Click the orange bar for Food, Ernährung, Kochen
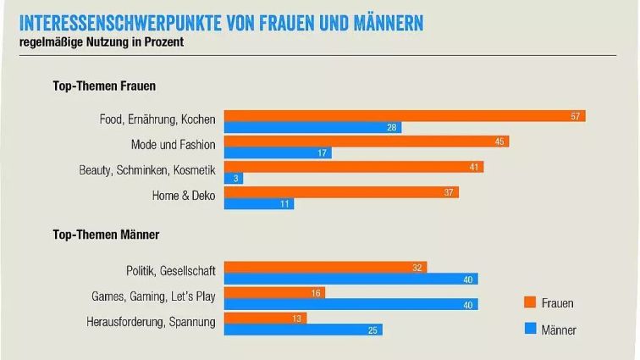(405, 116)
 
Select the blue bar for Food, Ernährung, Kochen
(312, 128)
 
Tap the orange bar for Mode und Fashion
(366, 142)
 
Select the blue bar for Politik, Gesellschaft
(350, 279)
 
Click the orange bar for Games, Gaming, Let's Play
(274, 293)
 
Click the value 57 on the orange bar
(575, 116)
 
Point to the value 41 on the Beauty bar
(474, 168)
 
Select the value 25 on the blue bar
(372, 330)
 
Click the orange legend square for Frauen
(529, 302)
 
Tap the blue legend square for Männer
(529, 330)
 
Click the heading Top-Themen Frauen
(104, 86)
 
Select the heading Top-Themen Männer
(107, 234)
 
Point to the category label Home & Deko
(184, 197)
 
